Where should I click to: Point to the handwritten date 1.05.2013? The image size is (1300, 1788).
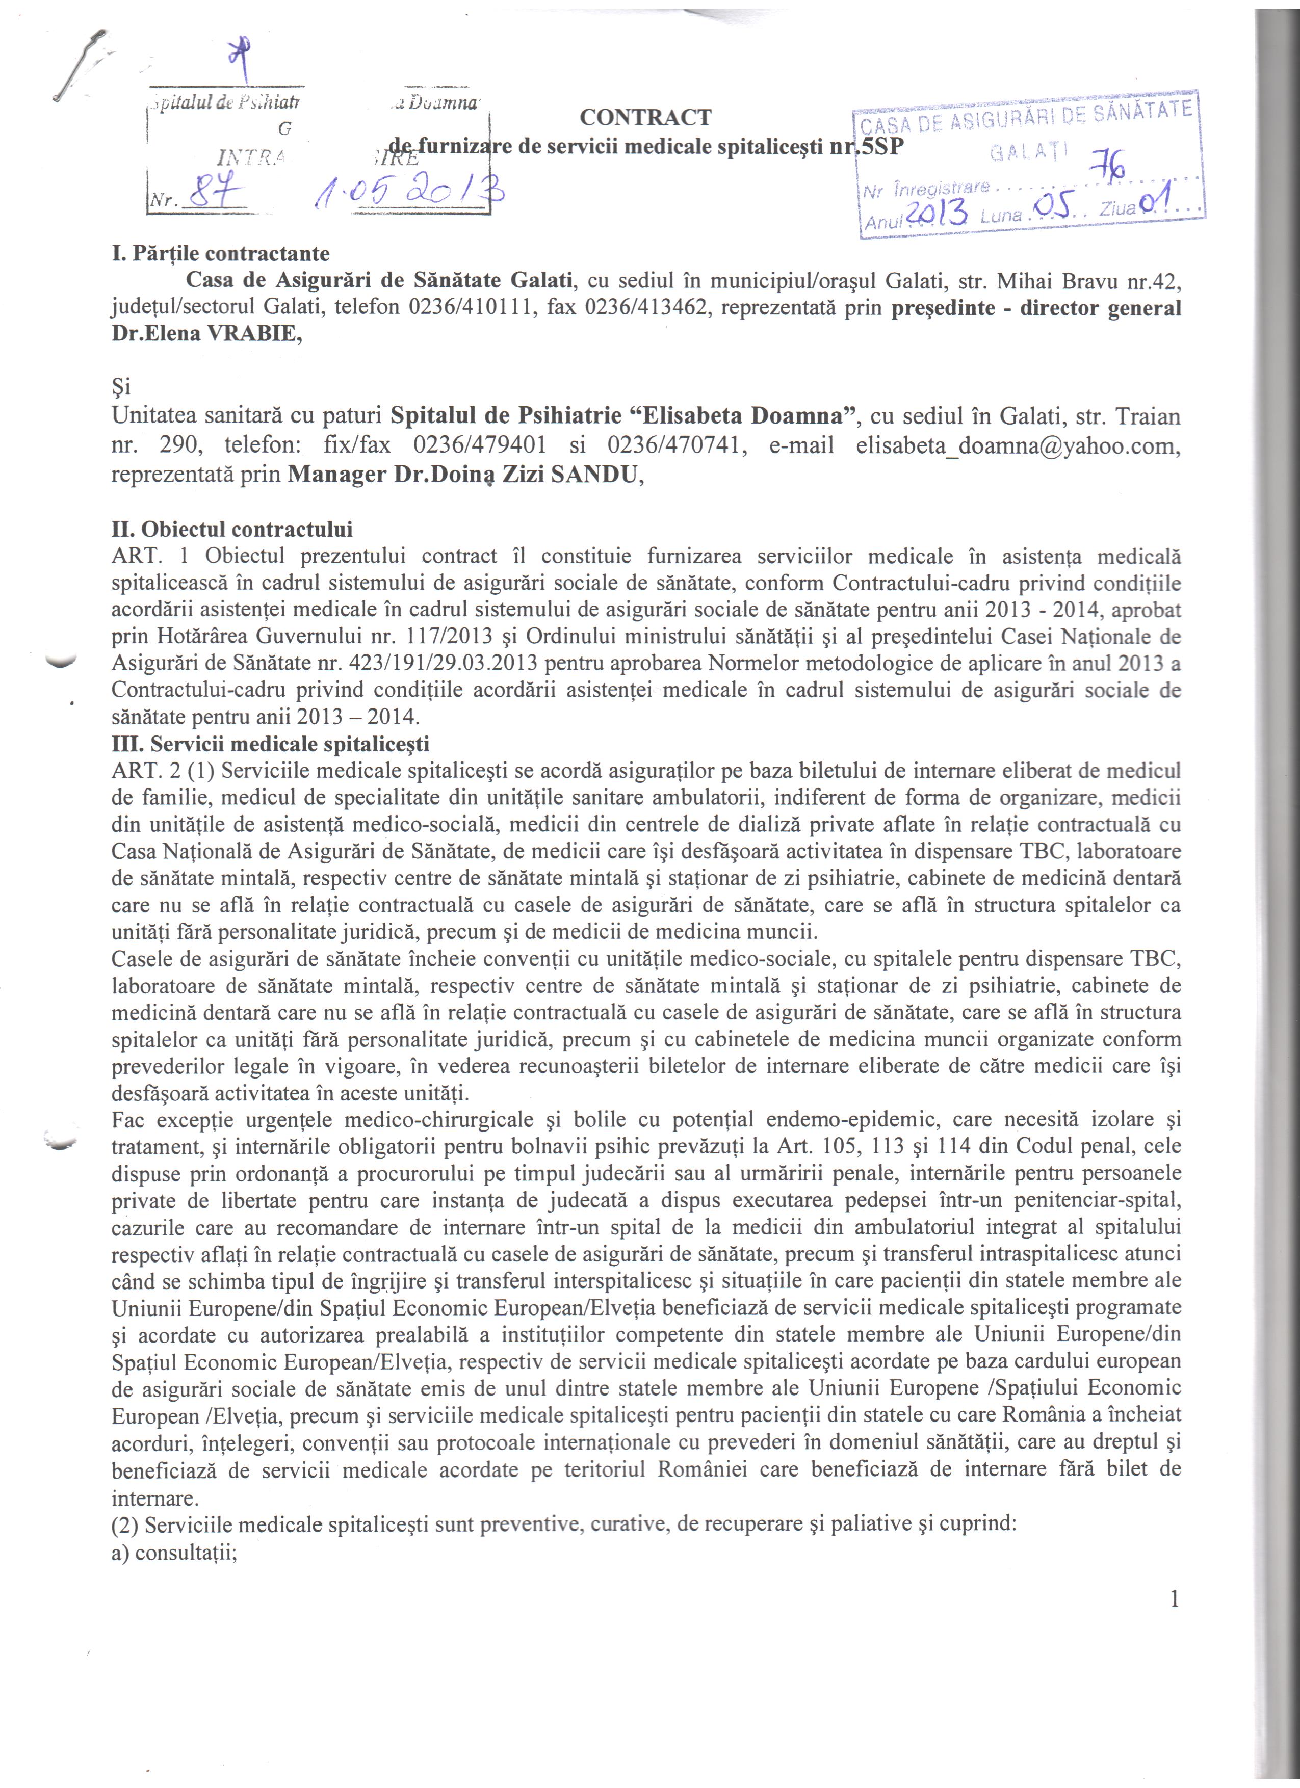click(x=409, y=188)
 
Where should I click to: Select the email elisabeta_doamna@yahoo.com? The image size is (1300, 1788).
click(x=1018, y=446)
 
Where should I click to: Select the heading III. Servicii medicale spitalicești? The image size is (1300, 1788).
click(x=270, y=744)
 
